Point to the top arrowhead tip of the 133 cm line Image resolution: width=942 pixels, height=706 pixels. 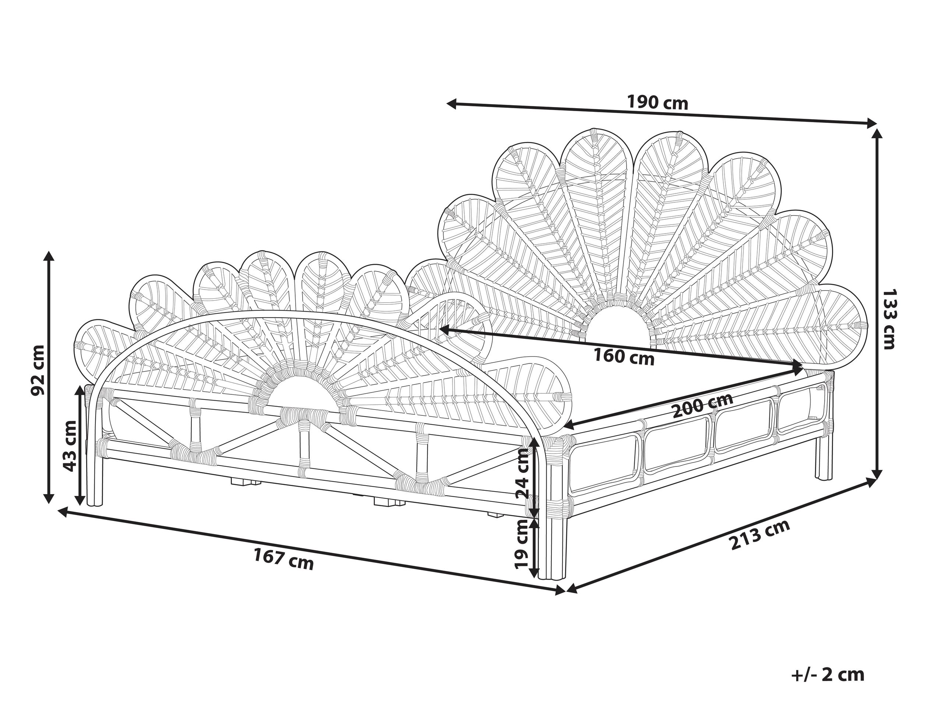pyautogui.click(x=876, y=128)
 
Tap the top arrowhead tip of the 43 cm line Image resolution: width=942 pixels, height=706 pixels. pyautogui.click(x=80, y=386)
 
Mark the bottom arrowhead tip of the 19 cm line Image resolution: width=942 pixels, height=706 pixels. pyautogui.click(x=534, y=578)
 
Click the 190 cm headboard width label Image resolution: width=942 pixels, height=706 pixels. pyautogui.click(x=657, y=115)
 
